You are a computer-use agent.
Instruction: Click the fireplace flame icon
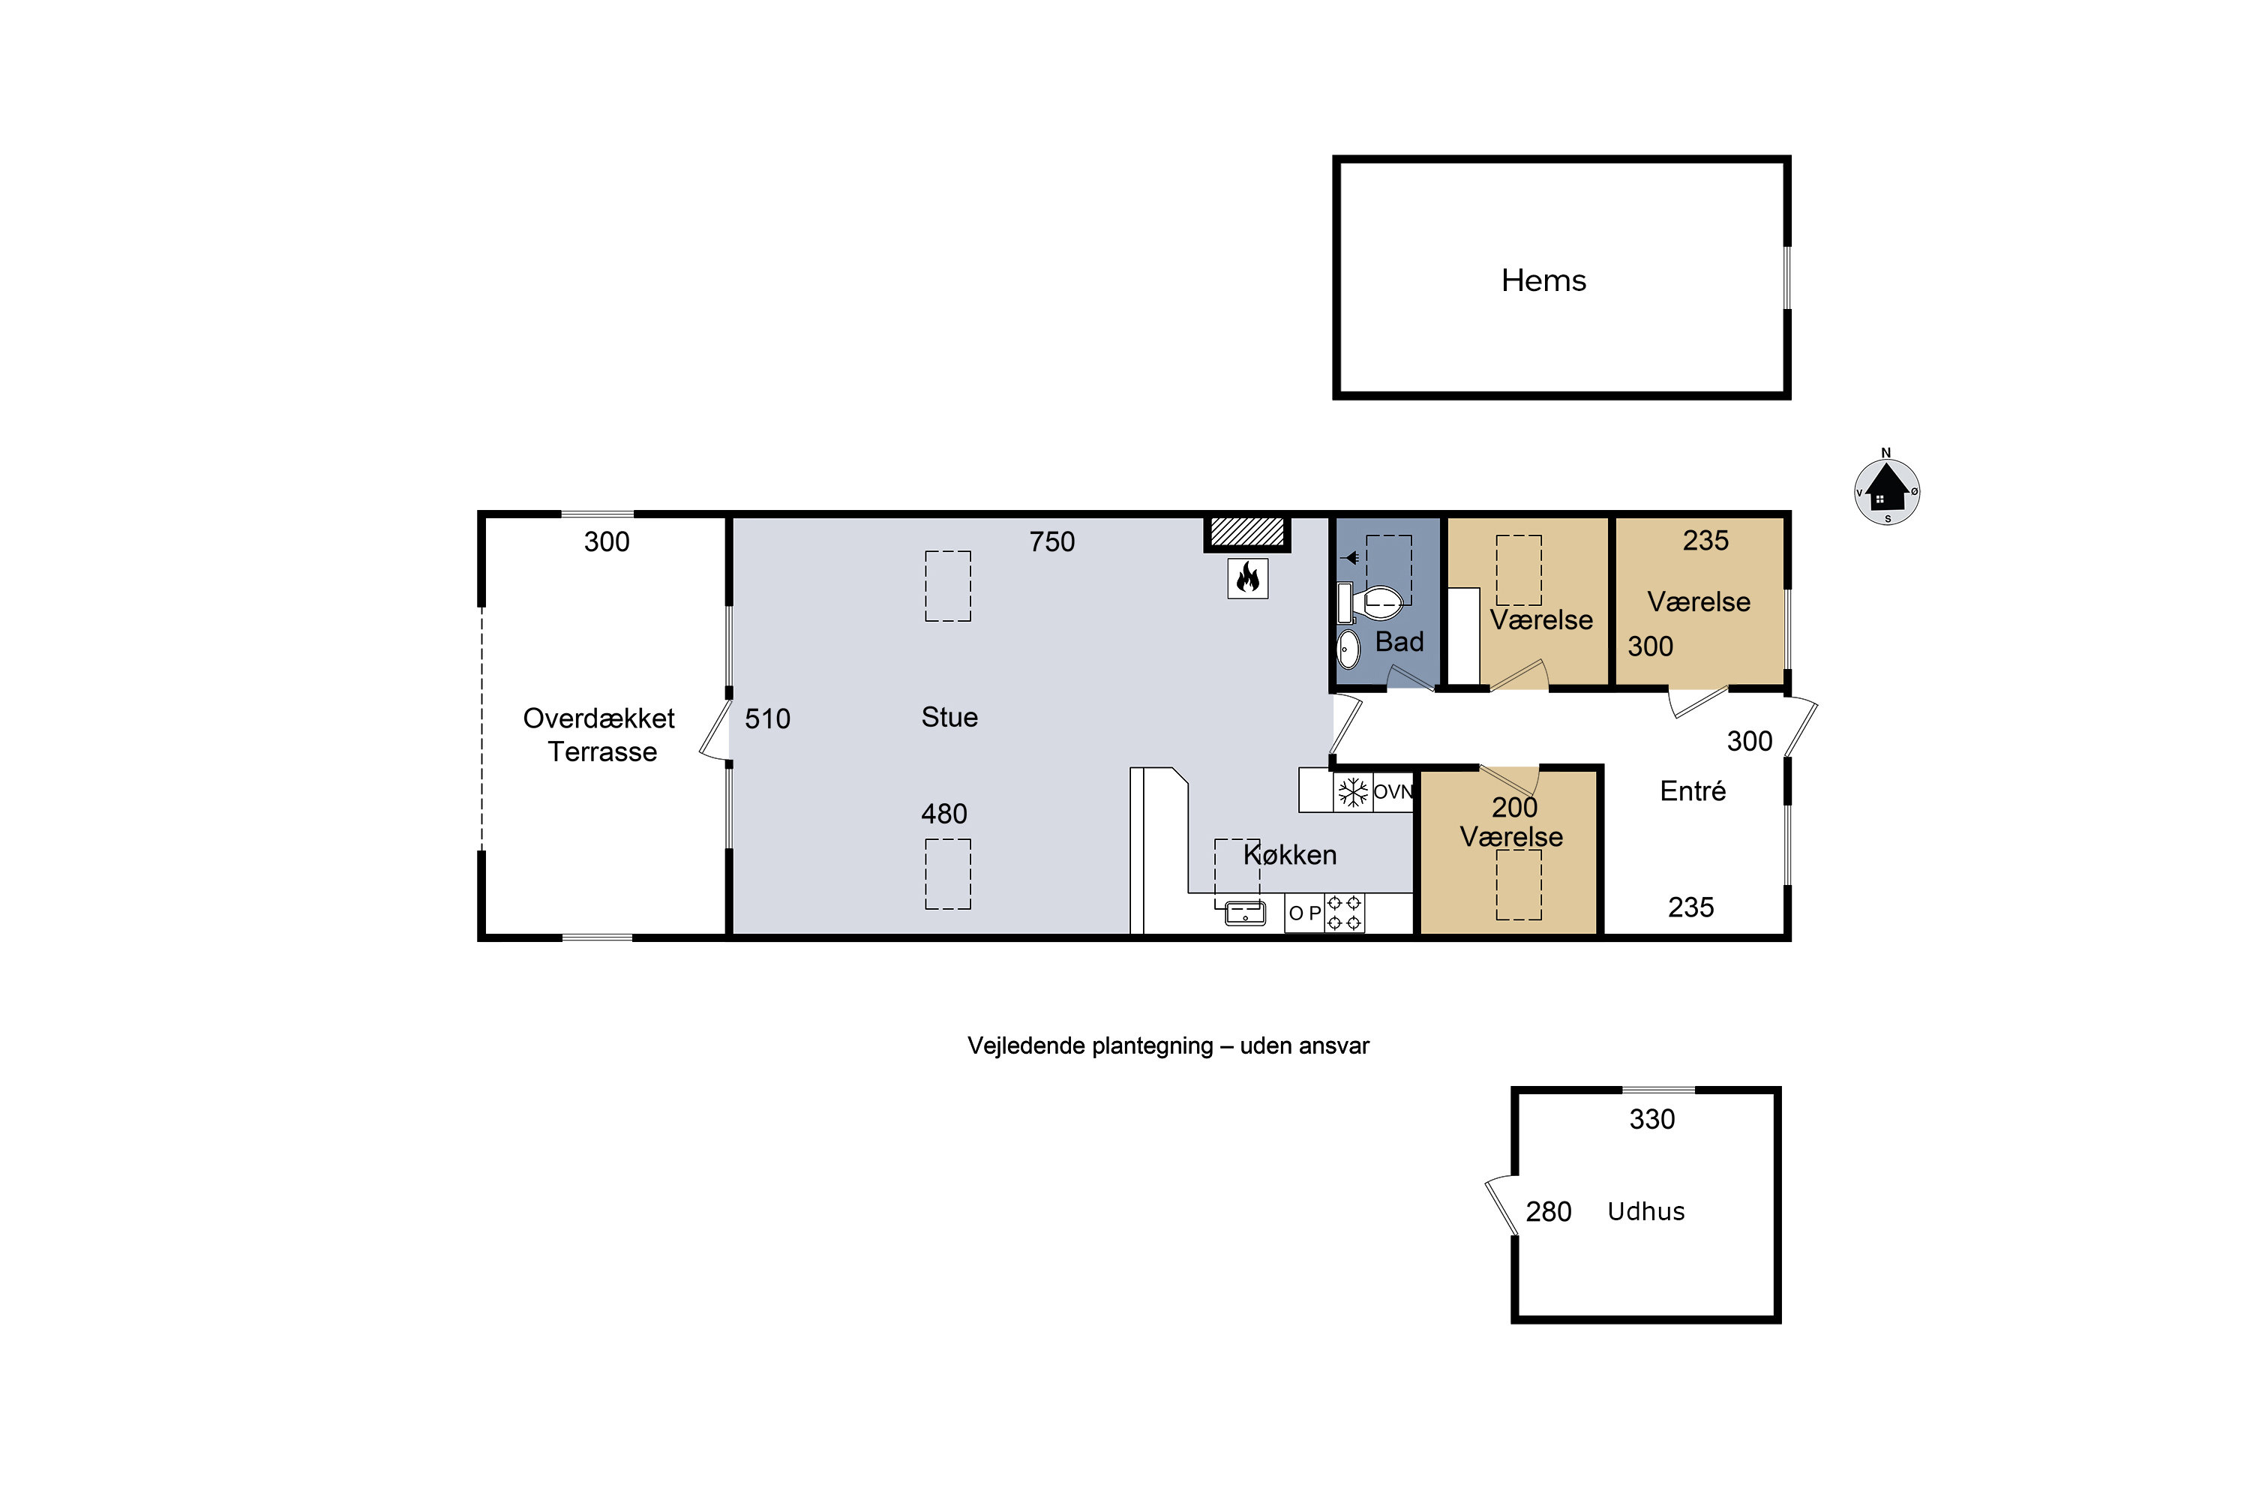[1247, 577]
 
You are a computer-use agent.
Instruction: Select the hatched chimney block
[1246, 532]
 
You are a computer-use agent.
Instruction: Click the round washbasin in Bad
[1348, 649]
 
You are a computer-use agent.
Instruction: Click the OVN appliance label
[1393, 792]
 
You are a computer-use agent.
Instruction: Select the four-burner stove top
[1344, 913]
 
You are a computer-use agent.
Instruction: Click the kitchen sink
[1244, 913]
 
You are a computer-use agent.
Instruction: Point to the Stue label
[949, 718]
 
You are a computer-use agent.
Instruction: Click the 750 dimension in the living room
[1051, 541]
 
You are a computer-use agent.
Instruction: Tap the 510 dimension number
[767, 718]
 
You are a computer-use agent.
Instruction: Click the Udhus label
[1645, 1211]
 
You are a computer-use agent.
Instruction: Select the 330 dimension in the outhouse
[1652, 1119]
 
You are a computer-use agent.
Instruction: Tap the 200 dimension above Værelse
[1513, 808]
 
